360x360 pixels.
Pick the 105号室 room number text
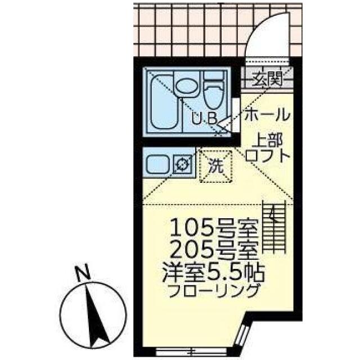tap(214, 228)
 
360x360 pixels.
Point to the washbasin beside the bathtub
tap(186, 87)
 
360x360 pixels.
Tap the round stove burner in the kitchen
tap(183, 164)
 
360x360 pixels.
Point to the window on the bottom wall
tap(178, 352)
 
